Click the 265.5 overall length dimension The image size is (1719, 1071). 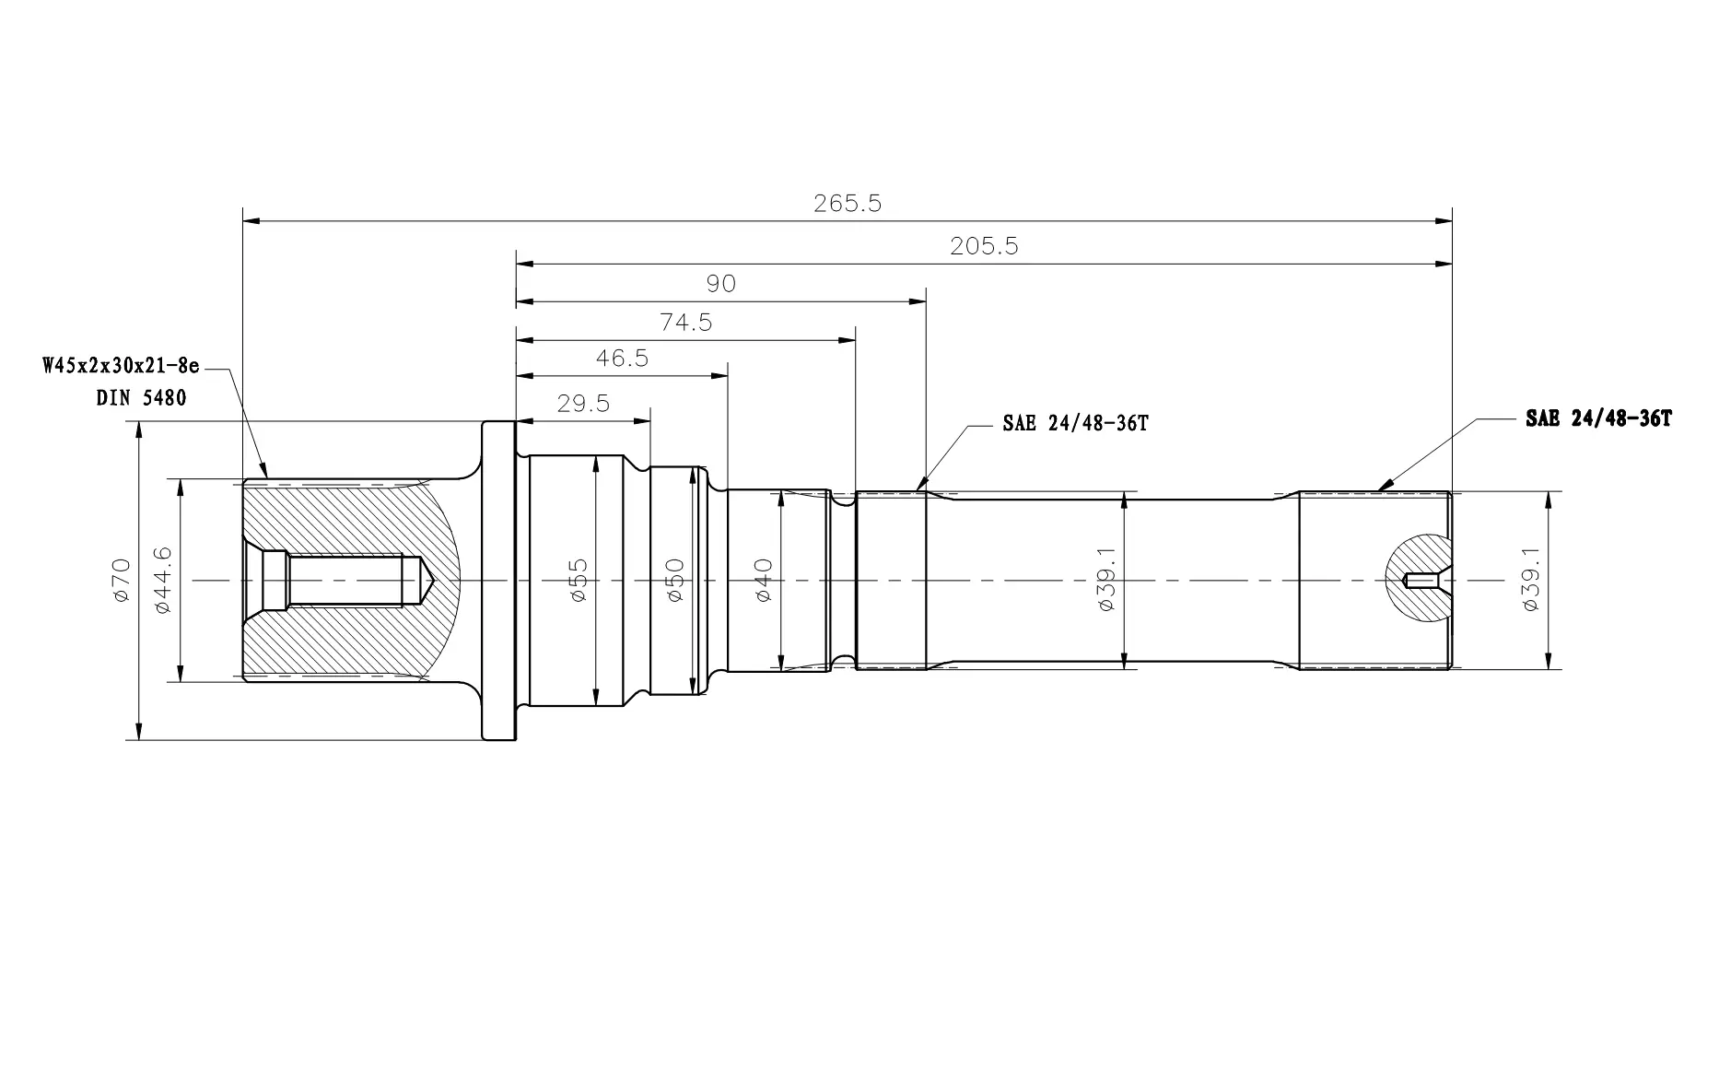[x=848, y=204]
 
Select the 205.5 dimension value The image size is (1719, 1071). [x=984, y=247]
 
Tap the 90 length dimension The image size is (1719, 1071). [x=721, y=283]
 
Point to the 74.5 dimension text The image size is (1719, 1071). [x=686, y=323]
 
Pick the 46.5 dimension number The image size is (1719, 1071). [x=622, y=359]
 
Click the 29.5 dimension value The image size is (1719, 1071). [x=583, y=404]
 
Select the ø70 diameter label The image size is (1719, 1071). [x=122, y=581]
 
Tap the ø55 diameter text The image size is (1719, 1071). [x=579, y=580]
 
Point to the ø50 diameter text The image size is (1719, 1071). [x=674, y=580]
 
